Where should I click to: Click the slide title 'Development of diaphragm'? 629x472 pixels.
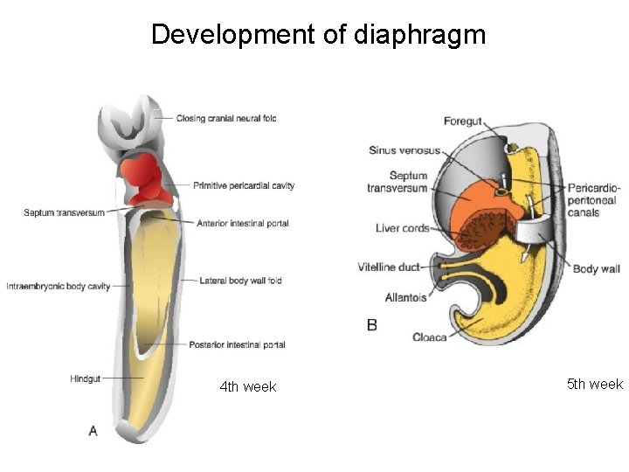(318, 35)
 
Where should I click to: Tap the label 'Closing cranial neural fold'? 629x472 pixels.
(226, 118)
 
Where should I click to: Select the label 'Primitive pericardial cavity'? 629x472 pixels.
(244, 185)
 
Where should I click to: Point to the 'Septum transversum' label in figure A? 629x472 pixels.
(65, 212)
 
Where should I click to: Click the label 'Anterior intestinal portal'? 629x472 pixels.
(243, 224)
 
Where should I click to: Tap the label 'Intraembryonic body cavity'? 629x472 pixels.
(58, 287)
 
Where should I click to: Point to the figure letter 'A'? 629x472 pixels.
(93, 430)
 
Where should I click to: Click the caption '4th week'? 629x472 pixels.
(248, 387)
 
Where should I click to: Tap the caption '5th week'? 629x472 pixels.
(595, 385)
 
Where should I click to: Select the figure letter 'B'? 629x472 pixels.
(372, 325)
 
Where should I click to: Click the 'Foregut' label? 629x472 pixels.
(463, 121)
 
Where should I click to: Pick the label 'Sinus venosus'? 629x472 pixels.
(404, 150)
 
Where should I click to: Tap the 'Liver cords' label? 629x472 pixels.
(403, 229)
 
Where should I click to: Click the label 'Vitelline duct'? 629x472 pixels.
(389, 267)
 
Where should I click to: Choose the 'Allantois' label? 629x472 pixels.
(405, 298)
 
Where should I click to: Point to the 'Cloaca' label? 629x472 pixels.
(430, 337)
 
